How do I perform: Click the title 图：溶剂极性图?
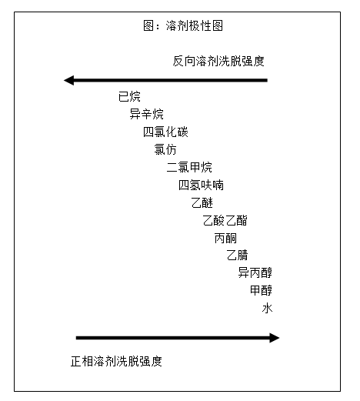coord(183,25)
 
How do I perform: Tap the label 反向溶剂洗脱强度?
coord(218,61)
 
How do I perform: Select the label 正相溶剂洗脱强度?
coord(116,361)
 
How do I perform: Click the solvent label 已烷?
coord(129,96)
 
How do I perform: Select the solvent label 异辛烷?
coord(146,114)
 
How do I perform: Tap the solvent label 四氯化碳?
coord(165,132)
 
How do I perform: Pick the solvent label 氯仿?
coord(165,149)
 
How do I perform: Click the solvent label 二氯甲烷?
coord(189,167)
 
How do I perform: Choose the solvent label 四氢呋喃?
coord(201,185)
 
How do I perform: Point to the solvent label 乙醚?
coord(202,202)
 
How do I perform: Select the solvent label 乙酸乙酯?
coord(225,220)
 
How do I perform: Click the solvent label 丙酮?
coord(225,238)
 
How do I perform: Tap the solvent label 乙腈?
coord(237,256)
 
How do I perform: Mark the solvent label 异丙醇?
coord(255,272)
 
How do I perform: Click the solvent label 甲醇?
coord(261,290)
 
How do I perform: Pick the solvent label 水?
coord(267,308)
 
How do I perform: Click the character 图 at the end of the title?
coord(218,25)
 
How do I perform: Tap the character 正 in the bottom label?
coord(76,361)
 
